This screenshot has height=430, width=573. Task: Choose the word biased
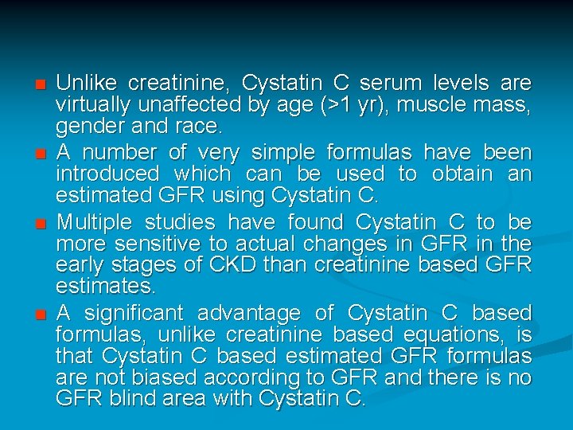click(x=154, y=377)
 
